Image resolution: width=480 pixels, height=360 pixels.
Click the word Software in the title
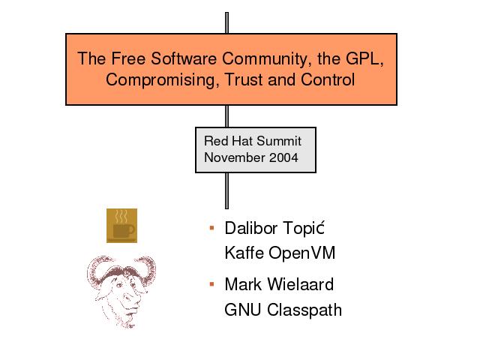click(x=184, y=58)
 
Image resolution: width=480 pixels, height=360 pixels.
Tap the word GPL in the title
click(x=364, y=58)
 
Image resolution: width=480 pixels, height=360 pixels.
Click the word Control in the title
click(x=328, y=79)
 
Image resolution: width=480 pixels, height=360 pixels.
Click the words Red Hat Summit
click(x=253, y=141)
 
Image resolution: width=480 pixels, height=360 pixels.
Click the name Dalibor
click(x=251, y=228)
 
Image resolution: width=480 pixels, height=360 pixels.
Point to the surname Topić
click(x=304, y=228)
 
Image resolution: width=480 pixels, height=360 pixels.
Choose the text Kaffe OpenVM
click(x=280, y=253)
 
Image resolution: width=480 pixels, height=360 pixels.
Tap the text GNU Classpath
click(x=283, y=310)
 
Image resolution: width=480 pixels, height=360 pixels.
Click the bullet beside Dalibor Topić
click(x=211, y=228)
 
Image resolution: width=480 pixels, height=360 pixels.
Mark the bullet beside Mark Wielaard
click(x=211, y=284)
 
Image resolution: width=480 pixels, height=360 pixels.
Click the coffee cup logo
click(x=121, y=226)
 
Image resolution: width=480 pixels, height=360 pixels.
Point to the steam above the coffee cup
click(x=121, y=216)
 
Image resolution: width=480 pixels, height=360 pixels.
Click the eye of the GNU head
click(x=118, y=285)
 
